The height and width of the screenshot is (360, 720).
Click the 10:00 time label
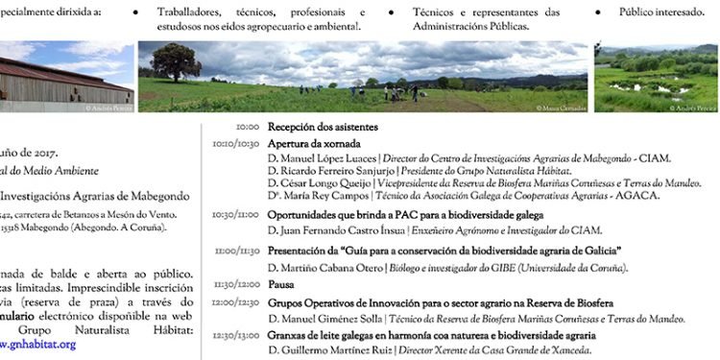[x=248, y=127]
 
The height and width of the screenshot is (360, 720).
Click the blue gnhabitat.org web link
[x=38, y=344]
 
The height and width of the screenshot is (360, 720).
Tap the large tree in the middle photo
[x=175, y=62]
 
